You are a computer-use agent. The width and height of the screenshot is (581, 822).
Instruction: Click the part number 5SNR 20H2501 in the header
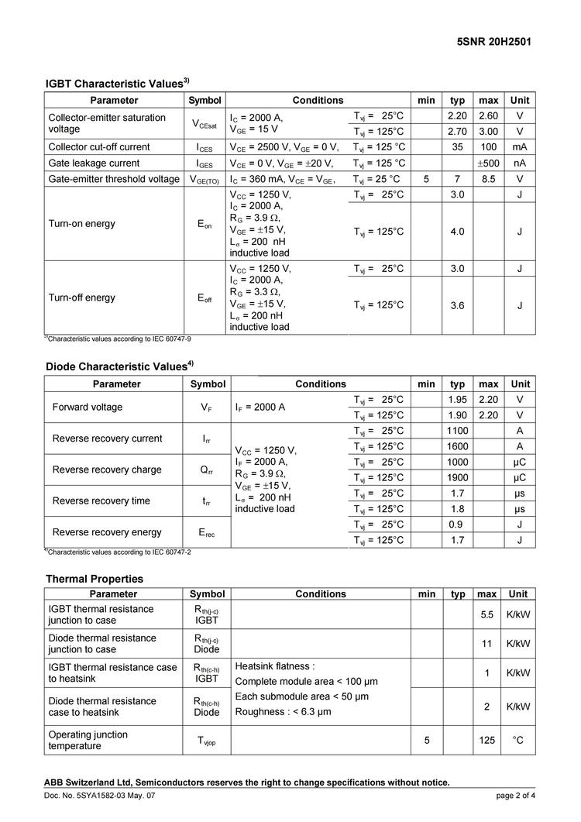[495, 42]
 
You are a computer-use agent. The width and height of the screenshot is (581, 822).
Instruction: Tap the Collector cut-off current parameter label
[99, 146]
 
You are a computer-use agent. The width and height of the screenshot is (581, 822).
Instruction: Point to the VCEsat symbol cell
[205, 123]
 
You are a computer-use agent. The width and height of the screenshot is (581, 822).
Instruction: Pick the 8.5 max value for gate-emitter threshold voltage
[488, 179]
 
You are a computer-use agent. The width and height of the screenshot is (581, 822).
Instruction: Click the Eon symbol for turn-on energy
[205, 225]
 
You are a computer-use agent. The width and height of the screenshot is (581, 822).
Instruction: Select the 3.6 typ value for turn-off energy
[457, 305]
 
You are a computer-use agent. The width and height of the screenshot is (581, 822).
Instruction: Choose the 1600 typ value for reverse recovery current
[457, 446]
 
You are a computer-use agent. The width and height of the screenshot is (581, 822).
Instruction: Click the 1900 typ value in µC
[457, 477]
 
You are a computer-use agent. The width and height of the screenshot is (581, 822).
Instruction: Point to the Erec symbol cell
[208, 532]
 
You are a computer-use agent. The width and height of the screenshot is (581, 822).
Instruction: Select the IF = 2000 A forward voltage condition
[270, 408]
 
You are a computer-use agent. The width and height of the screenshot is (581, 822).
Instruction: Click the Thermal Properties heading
[95, 578]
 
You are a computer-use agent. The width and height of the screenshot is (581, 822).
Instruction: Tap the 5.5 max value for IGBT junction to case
[487, 614]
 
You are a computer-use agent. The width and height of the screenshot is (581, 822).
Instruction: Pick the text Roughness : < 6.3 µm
[283, 711]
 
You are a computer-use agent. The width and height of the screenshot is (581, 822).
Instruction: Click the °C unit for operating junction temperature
[517, 741]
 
